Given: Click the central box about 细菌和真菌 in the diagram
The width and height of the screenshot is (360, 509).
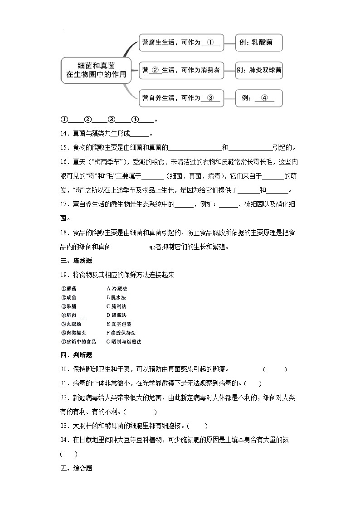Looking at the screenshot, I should [96, 70].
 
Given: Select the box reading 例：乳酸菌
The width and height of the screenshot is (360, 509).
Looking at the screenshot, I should [259, 43].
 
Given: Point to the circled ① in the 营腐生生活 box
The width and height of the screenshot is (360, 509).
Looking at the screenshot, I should [210, 42].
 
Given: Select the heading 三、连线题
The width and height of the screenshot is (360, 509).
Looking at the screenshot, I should [76, 261].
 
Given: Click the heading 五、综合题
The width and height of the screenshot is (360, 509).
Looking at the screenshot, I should [76, 468].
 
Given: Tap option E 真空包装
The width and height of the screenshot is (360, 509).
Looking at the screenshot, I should [119, 324].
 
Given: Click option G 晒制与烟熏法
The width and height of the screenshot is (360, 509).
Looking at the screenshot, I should [123, 342].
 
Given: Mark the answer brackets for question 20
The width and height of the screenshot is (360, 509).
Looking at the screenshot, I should [275, 369].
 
